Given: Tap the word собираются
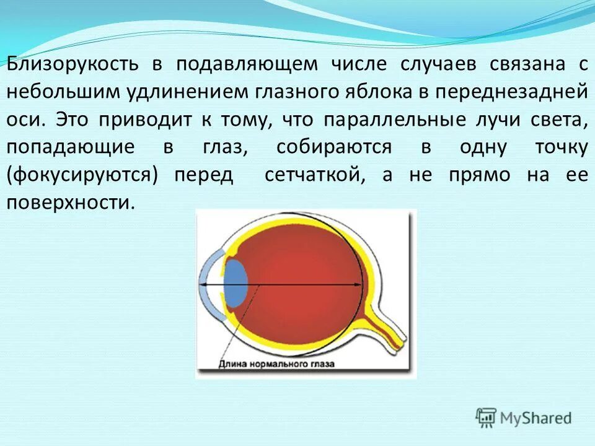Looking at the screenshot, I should click(334, 147).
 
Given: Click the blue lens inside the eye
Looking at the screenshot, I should click(235, 283).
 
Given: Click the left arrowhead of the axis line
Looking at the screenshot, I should click(202, 284).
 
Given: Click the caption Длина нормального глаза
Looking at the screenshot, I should click(276, 364).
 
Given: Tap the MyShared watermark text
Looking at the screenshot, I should click(535, 418).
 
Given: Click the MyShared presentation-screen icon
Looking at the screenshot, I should click(487, 418).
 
